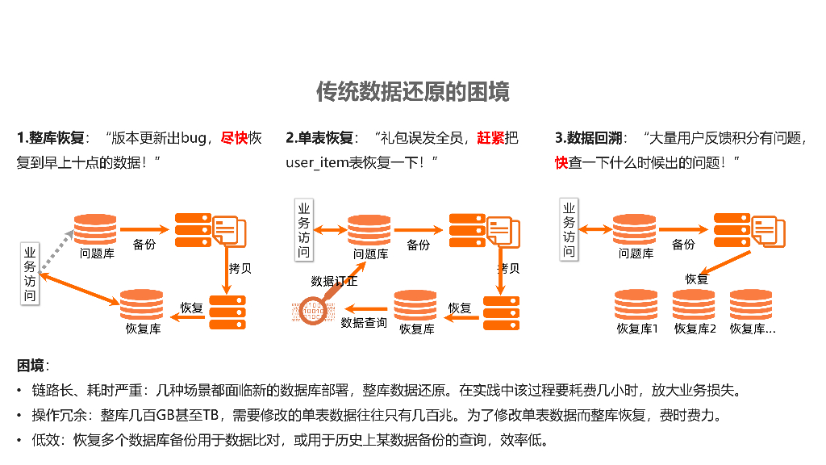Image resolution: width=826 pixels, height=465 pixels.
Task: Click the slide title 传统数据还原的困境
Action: coord(412,91)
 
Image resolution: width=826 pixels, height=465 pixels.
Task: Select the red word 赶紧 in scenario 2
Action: coord(492,138)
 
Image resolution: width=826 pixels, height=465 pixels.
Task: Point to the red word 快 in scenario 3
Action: coord(561,162)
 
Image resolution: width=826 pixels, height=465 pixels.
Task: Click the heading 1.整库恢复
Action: coord(50,138)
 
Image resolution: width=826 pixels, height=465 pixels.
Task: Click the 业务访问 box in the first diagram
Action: coord(30,274)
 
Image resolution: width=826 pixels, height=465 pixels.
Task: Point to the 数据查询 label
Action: coord(364,323)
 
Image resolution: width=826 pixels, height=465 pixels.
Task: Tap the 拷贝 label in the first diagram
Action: coord(240,268)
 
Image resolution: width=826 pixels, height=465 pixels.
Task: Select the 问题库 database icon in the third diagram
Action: coord(635,229)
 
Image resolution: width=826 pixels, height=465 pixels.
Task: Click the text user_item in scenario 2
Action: coord(316,162)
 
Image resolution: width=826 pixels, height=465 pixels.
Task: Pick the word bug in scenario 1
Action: coord(194,138)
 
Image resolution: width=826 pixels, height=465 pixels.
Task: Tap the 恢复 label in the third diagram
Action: coord(696,279)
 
